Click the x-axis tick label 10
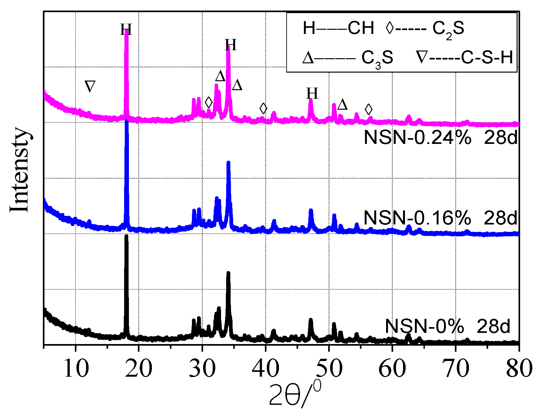(x=76, y=369)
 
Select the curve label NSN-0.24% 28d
(x=440, y=138)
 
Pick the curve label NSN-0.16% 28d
(x=440, y=218)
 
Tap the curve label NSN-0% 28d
(x=447, y=326)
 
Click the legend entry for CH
(x=338, y=28)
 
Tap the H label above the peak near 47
(x=312, y=94)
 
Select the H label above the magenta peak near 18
(x=126, y=30)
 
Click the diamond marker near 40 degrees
(x=263, y=109)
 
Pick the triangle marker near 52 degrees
(x=342, y=105)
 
